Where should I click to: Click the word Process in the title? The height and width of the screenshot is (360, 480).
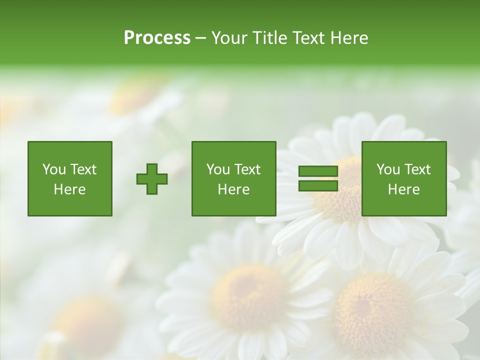click(157, 37)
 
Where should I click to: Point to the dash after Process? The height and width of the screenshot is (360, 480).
click(201, 38)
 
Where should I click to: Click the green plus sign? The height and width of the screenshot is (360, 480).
click(152, 179)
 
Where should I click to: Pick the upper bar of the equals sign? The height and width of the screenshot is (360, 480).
click(318, 171)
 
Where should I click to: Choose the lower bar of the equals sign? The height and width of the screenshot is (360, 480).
click(318, 185)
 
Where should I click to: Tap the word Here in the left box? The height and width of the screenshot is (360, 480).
click(69, 189)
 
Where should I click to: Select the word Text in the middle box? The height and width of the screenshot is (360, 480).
click(247, 169)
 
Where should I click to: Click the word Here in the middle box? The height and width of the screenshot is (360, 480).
click(233, 189)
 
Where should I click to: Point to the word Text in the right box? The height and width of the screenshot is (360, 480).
click(417, 169)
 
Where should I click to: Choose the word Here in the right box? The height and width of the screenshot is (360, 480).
click(403, 189)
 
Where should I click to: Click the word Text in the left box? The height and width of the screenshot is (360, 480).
click(83, 169)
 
